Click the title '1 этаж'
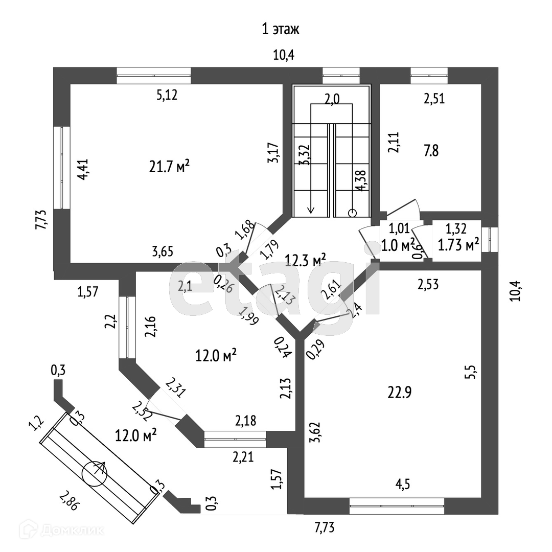(280, 29)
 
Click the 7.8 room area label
(431, 151)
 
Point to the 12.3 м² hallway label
(305, 261)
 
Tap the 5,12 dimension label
(168, 95)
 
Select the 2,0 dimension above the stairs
(332, 100)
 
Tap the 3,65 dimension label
(163, 251)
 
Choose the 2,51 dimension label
(434, 99)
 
